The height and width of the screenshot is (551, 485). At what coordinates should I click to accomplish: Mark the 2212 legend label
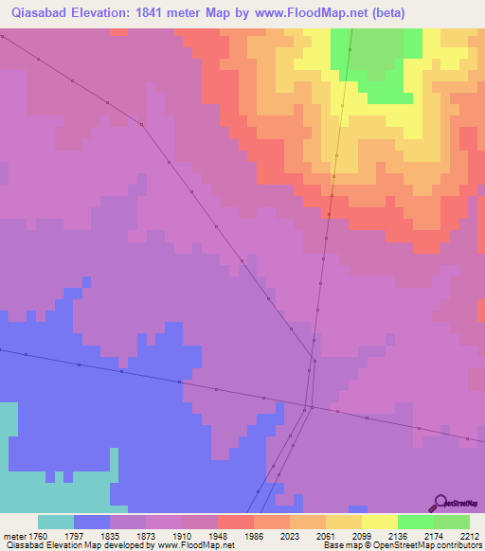tap(471, 535)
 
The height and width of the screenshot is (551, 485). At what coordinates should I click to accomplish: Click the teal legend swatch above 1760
tap(55, 522)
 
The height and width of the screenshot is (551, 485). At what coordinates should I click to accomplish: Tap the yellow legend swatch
tap(379, 522)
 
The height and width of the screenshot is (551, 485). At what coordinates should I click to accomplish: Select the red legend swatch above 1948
tap(235, 522)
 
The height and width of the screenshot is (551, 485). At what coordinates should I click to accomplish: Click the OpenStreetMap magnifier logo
tap(440, 504)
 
